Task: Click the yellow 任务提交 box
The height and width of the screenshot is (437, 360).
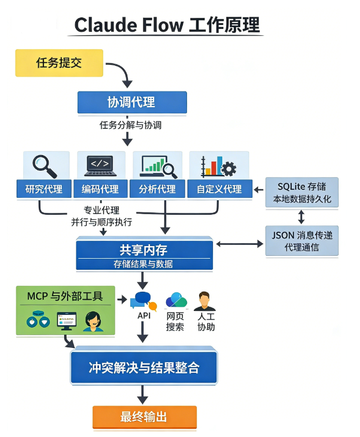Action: point(59,63)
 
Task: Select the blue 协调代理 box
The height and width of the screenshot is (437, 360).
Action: point(132,102)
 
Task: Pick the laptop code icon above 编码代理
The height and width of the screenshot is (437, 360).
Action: point(101,165)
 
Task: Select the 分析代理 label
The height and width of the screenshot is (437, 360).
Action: point(157,189)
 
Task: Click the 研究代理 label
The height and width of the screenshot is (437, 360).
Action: point(44,189)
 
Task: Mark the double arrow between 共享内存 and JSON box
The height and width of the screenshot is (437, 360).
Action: point(239,244)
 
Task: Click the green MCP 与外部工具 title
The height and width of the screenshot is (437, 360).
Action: point(65,296)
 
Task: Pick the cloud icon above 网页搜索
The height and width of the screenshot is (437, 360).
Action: point(176,300)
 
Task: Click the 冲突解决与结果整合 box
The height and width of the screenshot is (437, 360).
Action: point(144,368)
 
